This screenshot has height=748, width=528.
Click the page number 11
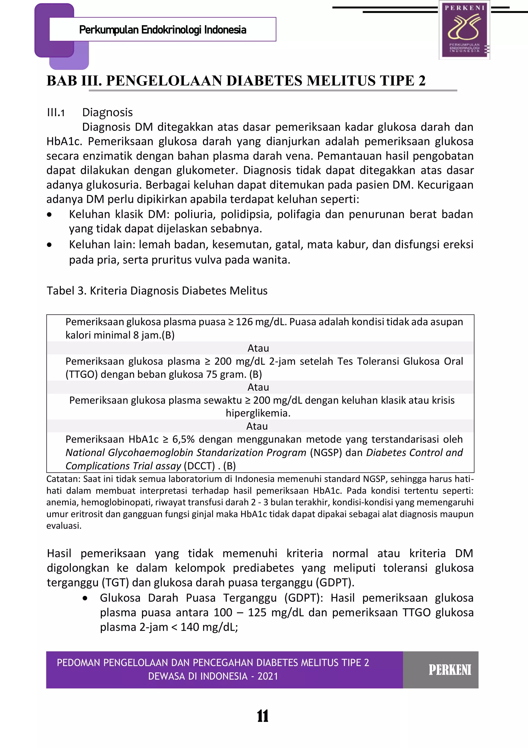[x=262, y=716]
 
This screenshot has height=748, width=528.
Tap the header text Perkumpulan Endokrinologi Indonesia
[x=162, y=30]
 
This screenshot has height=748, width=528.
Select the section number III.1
[x=56, y=113]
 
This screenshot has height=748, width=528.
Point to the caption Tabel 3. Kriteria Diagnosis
[x=157, y=291]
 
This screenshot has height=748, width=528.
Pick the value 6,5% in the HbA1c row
[x=183, y=439]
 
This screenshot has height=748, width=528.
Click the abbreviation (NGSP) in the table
[x=326, y=453]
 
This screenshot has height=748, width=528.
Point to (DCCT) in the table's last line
[x=199, y=466]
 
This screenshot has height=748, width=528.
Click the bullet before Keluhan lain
[x=49, y=245]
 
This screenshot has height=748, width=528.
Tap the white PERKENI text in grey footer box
[x=450, y=670]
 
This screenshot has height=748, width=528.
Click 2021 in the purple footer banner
[x=268, y=677]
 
